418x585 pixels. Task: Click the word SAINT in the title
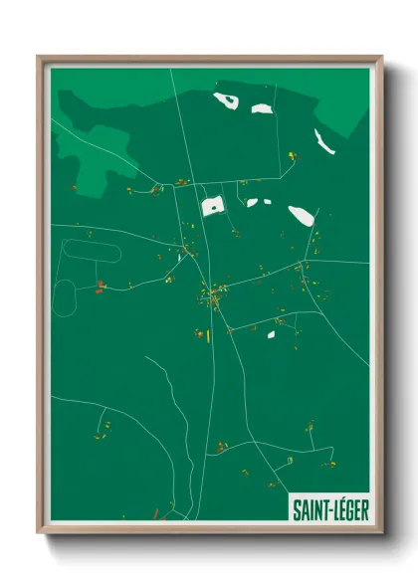tap(306, 509)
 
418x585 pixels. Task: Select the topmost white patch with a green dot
tap(226, 99)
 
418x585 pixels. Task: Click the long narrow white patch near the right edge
tap(323, 141)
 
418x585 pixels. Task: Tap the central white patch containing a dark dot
tap(212, 206)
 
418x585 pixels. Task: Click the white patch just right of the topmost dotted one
tap(261, 108)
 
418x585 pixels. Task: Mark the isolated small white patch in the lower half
tap(270, 334)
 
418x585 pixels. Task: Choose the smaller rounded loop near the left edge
tap(65, 294)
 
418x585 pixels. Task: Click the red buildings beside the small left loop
tap(100, 289)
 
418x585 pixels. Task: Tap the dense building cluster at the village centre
tap(212, 296)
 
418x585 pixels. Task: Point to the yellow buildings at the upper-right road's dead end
tap(292, 156)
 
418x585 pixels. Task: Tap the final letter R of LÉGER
tap(364, 509)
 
